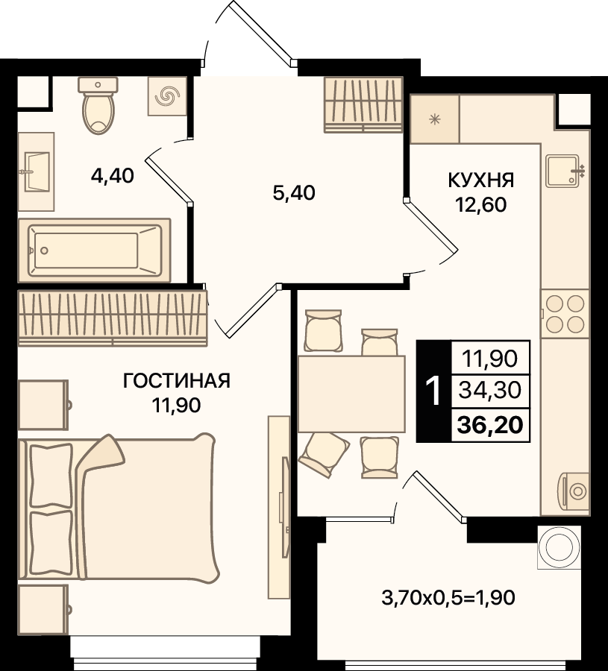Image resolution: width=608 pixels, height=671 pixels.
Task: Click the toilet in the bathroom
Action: (x=98, y=105)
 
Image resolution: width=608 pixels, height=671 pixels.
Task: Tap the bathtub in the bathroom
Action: (x=94, y=251)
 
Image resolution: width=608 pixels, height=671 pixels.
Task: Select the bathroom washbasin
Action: (x=36, y=171)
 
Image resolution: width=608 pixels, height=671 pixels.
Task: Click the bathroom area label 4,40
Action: (x=113, y=175)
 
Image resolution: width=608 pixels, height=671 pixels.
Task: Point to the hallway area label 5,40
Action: (x=294, y=193)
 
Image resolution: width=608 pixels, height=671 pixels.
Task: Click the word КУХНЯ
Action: (x=481, y=180)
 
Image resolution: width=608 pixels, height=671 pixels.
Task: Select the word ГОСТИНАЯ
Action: (x=176, y=380)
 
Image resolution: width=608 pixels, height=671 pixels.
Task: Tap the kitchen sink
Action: (x=564, y=171)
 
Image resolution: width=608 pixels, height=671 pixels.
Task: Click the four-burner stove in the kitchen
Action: (x=565, y=314)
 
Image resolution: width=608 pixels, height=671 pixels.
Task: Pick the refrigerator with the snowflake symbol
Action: (x=435, y=119)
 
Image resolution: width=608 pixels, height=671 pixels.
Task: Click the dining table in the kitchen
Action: (x=351, y=394)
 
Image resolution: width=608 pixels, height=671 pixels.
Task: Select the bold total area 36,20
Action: (x=490, y=425)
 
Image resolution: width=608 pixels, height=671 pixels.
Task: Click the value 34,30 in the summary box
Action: (x=490, y=390)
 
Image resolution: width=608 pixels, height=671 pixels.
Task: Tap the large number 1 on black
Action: (x=433, y=391)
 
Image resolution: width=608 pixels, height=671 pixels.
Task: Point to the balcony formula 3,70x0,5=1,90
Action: (x=448, y=597)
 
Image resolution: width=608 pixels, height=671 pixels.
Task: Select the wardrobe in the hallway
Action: (x=363, y=104)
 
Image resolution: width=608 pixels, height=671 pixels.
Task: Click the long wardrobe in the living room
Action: (x=113, y=318)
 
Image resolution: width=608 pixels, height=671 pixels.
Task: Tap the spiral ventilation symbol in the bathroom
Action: (x=167, y=96)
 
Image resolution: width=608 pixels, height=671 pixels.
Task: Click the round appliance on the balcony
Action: (x=560, y=547)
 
